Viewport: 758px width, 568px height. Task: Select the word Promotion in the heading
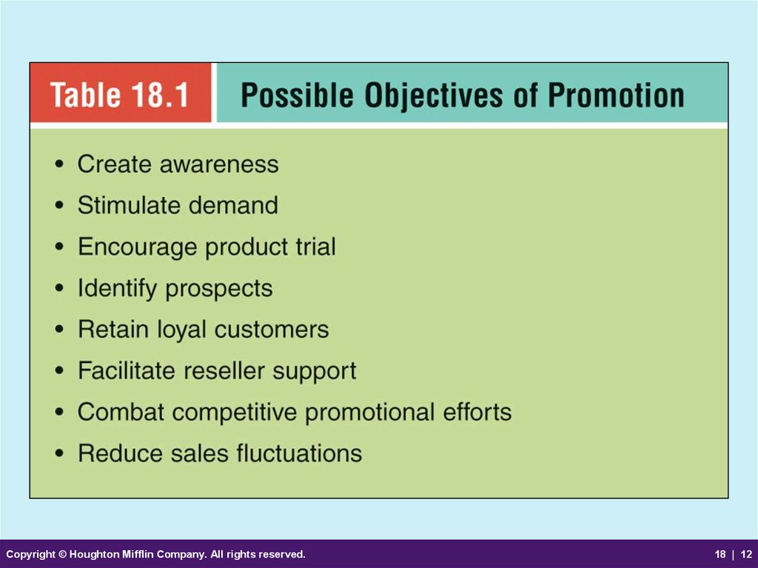click(616, 94)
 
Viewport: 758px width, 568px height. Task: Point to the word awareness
click(219, 164)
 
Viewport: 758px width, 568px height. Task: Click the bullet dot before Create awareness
click(59, 164)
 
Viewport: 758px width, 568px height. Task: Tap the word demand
click(233, 205)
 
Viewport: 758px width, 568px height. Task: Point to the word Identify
click(117, 289)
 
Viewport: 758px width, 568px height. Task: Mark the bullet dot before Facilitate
click(59, 371)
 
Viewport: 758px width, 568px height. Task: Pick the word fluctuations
click(299, 454)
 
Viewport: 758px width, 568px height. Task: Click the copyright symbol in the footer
click(63, 554)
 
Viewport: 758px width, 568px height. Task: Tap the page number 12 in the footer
click(746, 554)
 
